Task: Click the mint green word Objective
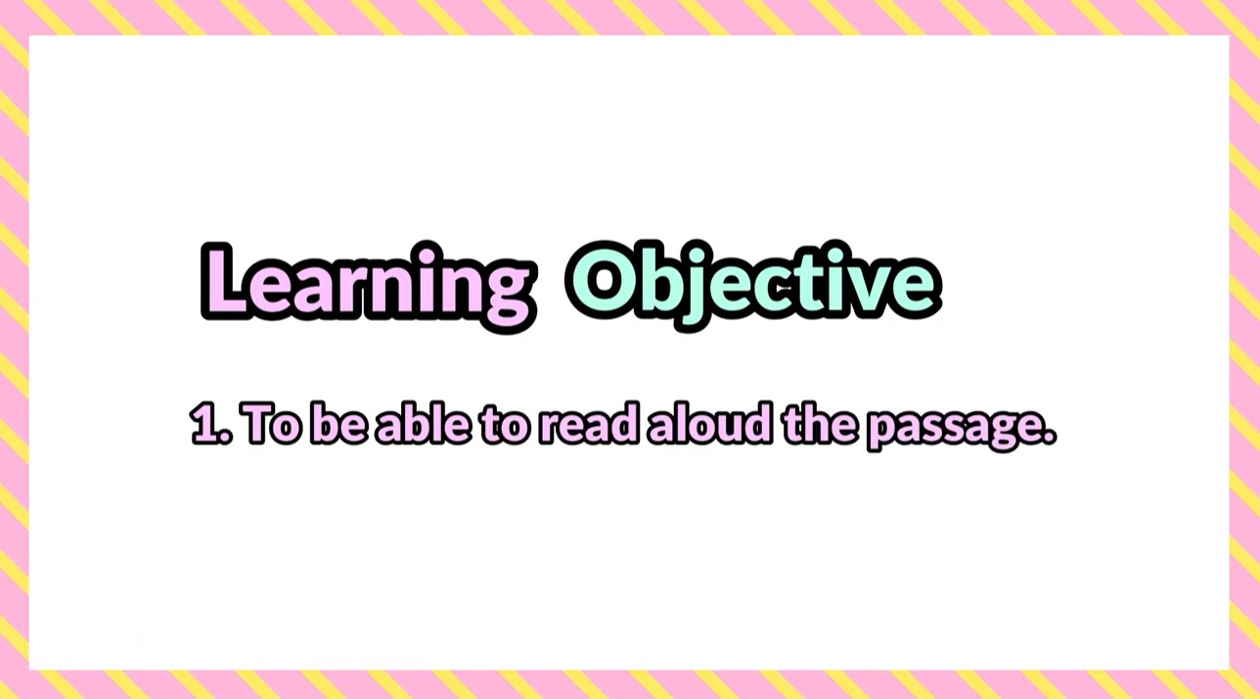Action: [x=753, y=284]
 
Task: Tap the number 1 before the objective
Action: [x=206, y=424]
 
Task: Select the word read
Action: [x=589, y=424]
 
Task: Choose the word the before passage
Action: [x=822, y=424]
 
